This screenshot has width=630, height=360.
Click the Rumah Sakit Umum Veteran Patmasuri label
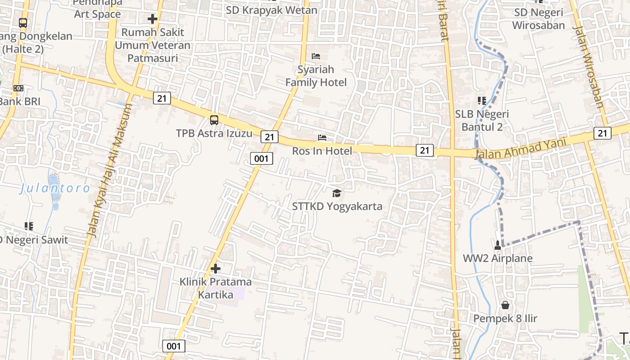[153, 45]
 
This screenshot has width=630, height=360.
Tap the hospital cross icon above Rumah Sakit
[153, 19]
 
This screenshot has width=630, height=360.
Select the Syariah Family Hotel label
[316, 76]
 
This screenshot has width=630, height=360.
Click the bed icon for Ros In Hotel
[322, 138]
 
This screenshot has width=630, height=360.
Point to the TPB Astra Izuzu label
[214, 133]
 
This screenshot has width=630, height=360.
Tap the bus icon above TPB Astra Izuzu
[214, 120]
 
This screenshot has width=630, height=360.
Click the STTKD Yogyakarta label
[337, 207]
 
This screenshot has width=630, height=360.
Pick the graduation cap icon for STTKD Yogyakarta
[337, 193]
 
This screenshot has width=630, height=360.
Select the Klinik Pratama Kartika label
[216, 288]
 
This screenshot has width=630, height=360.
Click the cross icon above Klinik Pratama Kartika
[216, 269]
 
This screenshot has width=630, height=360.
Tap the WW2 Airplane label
[498, 258]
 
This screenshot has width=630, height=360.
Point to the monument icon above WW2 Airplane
[498, 245]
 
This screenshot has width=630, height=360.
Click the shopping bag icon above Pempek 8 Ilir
[505, 305]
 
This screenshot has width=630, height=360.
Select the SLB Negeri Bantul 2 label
[482, 120]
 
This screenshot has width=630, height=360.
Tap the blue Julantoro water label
[55, 188]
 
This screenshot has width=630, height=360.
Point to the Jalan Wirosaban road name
[588, 67]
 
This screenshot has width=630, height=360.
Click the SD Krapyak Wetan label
[271, 10]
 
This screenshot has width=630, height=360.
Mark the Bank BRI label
[19, 101]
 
